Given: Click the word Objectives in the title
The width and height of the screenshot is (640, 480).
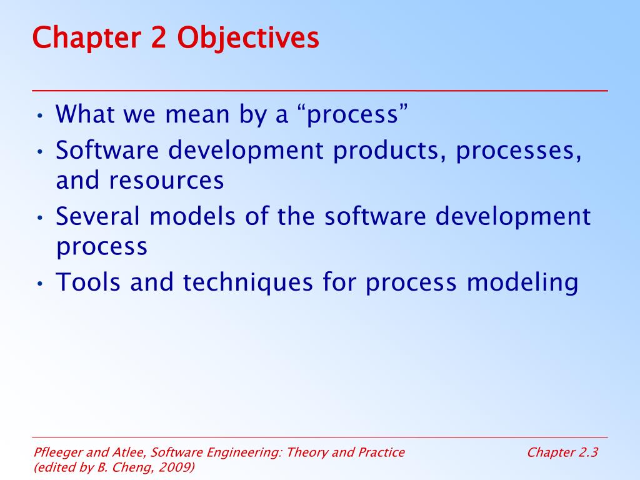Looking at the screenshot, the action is coord(247,38).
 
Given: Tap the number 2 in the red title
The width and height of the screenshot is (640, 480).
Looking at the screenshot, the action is coord(158,37).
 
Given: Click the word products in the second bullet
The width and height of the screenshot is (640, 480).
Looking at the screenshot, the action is coord(389,150).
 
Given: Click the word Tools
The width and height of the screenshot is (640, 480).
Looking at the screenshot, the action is coord(87,282).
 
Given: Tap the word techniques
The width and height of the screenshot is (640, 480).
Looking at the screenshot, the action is coord(247,282).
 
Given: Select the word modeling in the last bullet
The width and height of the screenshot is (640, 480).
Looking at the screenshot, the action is coord(522,282).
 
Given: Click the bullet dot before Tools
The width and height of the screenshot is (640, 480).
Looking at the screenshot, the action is coord(39,283).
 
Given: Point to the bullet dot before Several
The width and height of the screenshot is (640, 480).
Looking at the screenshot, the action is coord(39,217).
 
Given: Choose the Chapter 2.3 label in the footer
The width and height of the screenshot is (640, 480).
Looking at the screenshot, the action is coord(562,452).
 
